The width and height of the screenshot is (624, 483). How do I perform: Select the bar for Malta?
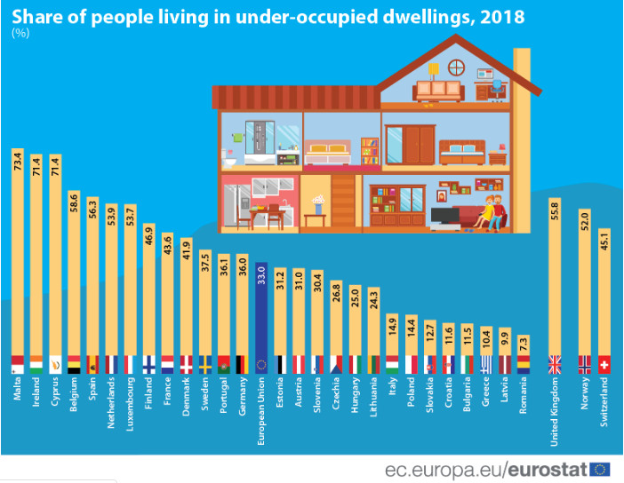[17, 257]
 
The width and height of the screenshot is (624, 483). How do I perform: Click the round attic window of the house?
[456, 67]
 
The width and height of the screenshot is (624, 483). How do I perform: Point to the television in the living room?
[442, 215]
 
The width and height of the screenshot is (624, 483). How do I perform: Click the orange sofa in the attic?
[438, 88]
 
